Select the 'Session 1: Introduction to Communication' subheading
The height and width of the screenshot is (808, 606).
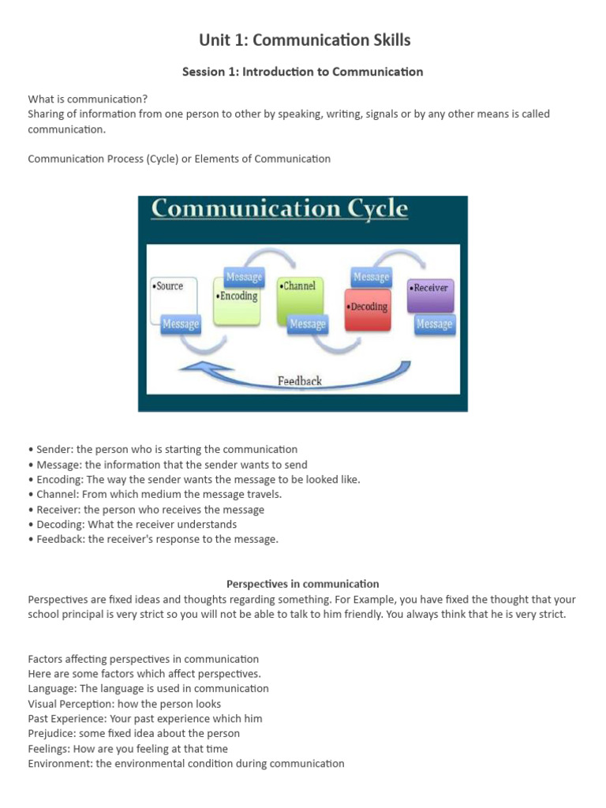point(303,72)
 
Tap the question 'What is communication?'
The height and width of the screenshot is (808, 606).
point(88,99)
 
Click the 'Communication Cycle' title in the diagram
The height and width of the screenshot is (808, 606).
point(279,209)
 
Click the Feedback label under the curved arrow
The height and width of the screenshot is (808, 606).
point(300,381)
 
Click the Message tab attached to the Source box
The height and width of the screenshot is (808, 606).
point(181,324)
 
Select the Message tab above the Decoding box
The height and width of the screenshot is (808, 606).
point(371,277)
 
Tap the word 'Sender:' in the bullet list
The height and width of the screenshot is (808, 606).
point(54,450)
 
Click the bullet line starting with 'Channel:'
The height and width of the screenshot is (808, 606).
point(155,495)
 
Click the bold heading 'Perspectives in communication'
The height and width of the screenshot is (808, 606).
point(303,585)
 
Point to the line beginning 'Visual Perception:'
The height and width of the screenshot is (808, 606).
point(125,704)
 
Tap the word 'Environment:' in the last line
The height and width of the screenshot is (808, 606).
point(60,764)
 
